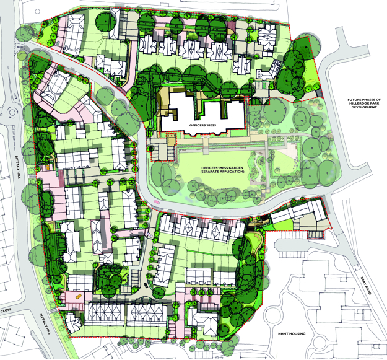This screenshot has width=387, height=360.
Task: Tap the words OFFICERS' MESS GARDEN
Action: pyautogui.click(x=220, y=169)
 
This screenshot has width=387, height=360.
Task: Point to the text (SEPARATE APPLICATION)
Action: pyautogui.click(x=220, y=174)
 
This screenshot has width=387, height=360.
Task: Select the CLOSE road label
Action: pyautogui.click(x=6, y=309)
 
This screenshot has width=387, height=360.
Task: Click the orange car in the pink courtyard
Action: pyautogui.click(x=78, y=296)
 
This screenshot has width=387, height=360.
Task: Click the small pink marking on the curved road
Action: pyautogui.click(x=159, y=202)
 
